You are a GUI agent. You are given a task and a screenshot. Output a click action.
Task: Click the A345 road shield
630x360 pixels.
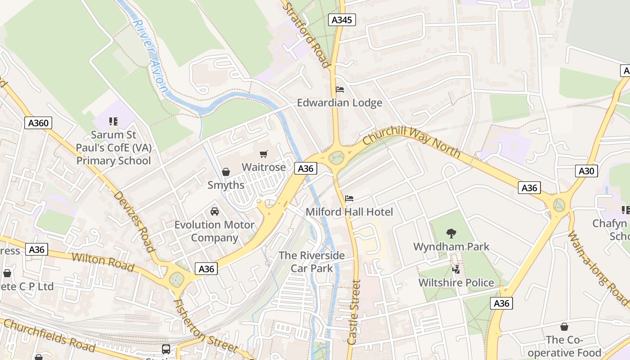tap(342, 20)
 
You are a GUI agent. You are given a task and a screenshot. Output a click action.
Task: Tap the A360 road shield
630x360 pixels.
tap(38, 123)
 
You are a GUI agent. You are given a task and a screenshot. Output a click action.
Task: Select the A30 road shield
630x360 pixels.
tap(586, 171)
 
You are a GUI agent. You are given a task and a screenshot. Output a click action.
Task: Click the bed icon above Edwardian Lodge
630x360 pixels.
tap(340, 90)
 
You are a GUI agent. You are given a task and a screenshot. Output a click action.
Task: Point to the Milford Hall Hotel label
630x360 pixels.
tap(349, 212)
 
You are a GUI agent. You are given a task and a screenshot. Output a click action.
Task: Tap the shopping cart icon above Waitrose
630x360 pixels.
tap(264, 154)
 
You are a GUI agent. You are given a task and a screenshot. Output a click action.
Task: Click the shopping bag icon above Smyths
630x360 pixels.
tap(226, 172)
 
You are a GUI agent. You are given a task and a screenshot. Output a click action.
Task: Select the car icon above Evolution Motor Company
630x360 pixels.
tap(215, 211)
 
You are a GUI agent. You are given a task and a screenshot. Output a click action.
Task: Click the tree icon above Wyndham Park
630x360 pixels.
tap(451, 233)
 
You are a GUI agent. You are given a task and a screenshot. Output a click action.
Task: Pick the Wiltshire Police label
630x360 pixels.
tap(456, 283)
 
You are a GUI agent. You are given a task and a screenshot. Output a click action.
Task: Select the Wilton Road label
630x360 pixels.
tap(103, 262)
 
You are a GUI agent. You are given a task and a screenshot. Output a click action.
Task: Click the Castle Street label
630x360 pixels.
tap(354, 312)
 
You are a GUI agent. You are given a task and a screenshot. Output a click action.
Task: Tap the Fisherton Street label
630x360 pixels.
tap(205, 326)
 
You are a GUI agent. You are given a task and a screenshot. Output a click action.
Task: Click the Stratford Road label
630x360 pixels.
tap(306, 34)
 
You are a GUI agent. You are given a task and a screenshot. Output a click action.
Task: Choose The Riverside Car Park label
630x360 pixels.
tap(312, 262)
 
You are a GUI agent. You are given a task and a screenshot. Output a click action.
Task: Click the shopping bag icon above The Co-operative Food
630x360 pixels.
tap(564, 327)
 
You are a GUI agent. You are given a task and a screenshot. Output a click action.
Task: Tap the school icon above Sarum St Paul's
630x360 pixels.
tap(113, 121)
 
